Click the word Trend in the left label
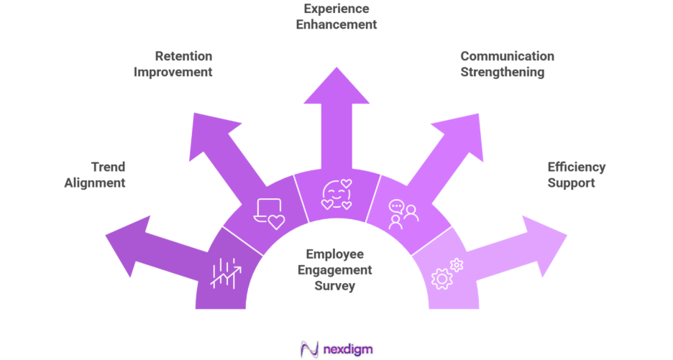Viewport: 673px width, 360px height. pos(108,167)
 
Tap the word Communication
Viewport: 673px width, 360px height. pos(507,56)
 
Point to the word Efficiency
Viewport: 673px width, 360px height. pos(576,167)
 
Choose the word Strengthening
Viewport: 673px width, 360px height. pos(502,72)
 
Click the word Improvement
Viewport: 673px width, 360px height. pos(173,72)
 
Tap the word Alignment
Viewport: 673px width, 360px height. pos(95,183)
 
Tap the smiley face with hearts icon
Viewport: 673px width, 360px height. pos(336,194)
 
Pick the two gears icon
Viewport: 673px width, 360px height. pos(446,274)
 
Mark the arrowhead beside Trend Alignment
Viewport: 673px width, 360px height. pos(129,244)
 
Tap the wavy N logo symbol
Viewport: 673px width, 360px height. pos(311,349)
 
